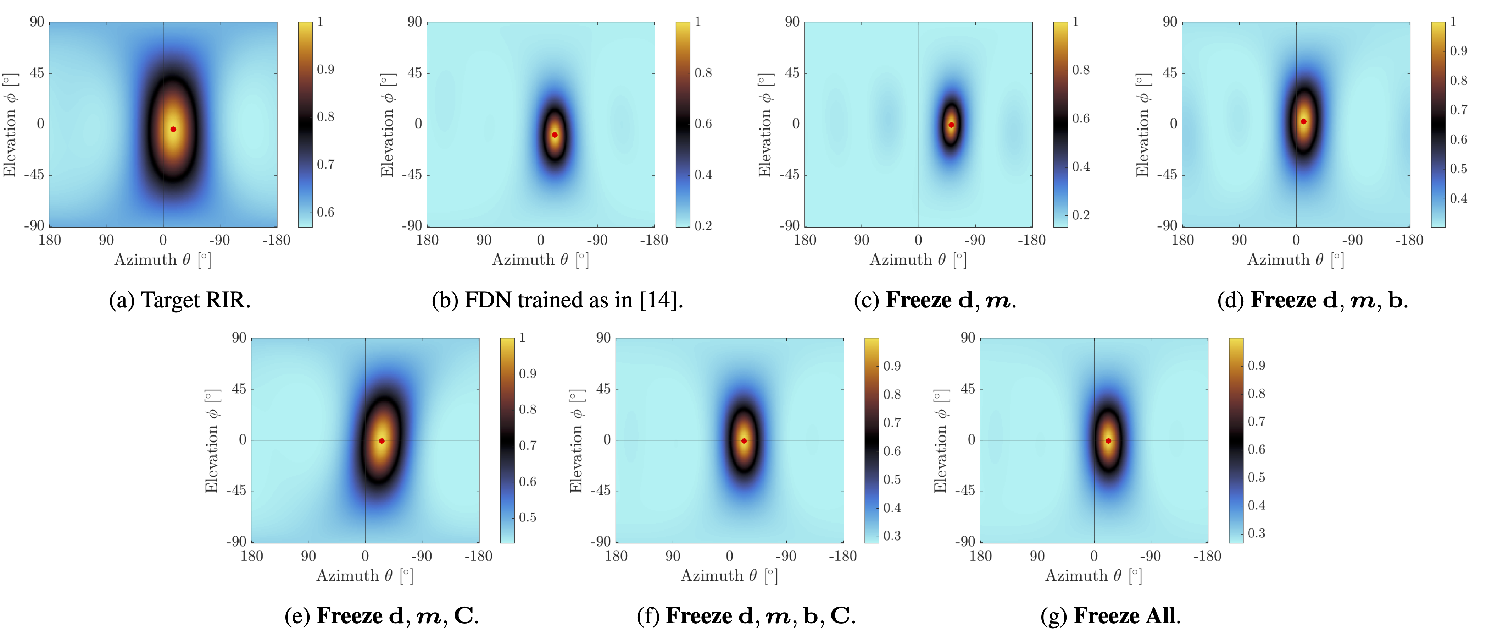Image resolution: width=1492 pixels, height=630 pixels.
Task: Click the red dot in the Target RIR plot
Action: (x=173, y=129)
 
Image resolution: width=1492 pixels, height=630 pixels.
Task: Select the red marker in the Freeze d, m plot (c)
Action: (x=951, y=125)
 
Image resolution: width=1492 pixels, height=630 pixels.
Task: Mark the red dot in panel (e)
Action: (x=382, y=440)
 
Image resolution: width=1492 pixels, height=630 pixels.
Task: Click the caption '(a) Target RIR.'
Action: (x=179, y=300)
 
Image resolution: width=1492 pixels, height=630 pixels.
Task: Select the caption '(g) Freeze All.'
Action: (x=1110, y=615)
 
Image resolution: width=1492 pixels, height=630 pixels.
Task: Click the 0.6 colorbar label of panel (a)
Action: (x=325, y=212)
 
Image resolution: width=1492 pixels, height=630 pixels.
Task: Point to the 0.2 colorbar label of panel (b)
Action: (x=703, y=225)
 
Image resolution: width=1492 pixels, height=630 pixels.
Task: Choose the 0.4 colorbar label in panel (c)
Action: (x=1081, y=167)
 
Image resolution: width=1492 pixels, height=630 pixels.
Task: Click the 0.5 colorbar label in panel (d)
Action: (x=1458, y=169)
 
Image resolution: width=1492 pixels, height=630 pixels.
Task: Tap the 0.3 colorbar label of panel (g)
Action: (x=1256, y=533)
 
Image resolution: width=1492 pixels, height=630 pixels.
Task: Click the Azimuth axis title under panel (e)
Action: (x=364, y=576)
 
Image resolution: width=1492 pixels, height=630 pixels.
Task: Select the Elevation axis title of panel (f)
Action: (x=576, y=440)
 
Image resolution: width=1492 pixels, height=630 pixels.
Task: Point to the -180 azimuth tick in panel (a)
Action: (x=276, y=240)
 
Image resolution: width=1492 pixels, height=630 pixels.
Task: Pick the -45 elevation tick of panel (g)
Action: (x=965, y=490)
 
